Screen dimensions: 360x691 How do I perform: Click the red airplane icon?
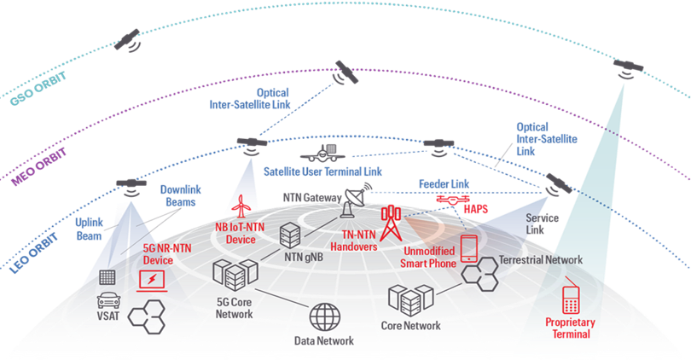[x=243, y=206]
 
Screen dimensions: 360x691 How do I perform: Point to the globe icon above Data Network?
[x=324, y=317]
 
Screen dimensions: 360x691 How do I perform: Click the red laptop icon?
[x=155, y=277]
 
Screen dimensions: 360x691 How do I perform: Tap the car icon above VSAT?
[x=108, y=301]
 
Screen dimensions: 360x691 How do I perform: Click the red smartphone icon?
[x=468, y=247]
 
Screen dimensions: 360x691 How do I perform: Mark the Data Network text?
[x=324, y=341]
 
